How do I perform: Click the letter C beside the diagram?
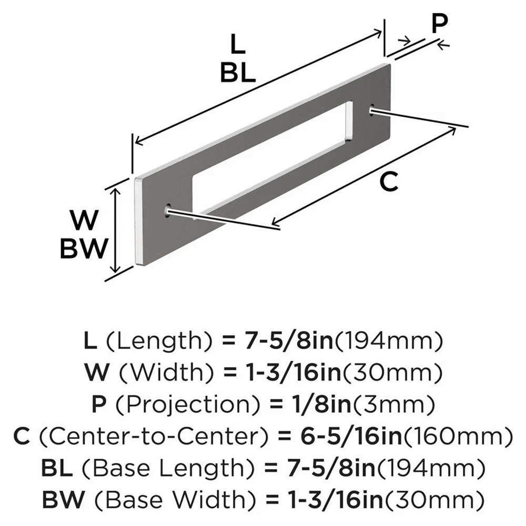coord(388,182)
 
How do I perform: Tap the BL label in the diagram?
coord(238,73)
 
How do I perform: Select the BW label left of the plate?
coord(84,248)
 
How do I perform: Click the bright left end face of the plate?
coord(138,221)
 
